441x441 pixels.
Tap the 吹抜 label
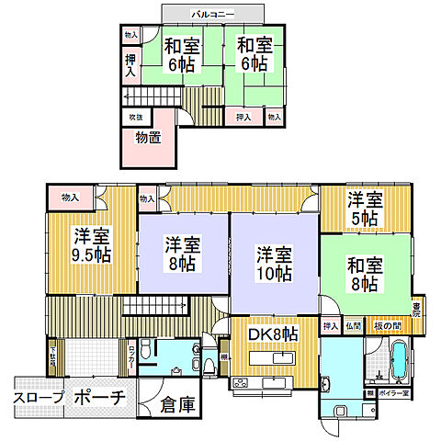tap(135, 118)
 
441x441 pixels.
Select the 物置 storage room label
tap(147, 137)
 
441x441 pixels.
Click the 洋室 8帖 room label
tap(183, 254)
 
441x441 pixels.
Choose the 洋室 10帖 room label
tap(274, 263)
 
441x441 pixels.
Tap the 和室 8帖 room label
tap(363, 274)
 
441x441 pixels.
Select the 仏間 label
tap(354, 325)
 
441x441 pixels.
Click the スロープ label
tap(38, 398)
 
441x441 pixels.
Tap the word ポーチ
tap(95, 398)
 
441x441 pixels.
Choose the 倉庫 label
tap(176, 404)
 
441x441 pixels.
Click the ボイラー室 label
tap(392, 392)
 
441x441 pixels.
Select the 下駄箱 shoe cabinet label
tap(52, 356)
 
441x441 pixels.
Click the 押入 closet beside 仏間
tap(330, 325)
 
